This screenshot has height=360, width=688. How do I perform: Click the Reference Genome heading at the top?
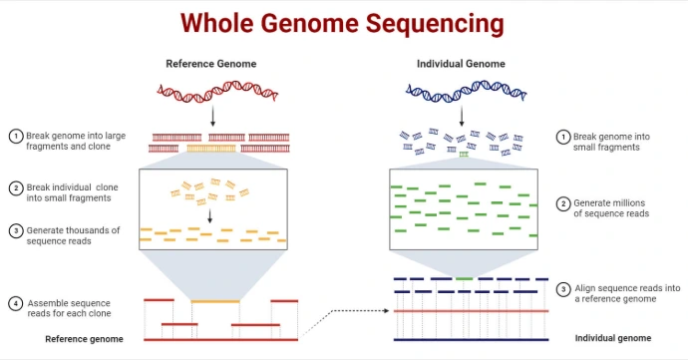tap(210, 64)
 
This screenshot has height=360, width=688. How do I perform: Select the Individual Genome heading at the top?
tap(461, 64)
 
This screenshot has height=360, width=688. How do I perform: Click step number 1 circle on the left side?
tap(16, 136)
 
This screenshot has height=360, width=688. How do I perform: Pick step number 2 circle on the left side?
tap(16, 187)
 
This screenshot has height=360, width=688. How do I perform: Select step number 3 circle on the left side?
tap(16, 230)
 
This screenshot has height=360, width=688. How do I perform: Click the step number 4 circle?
tap(16, 302)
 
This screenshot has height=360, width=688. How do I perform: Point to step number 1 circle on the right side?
tap(563, 136)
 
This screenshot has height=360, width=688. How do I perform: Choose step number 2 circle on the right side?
tap(563, 203)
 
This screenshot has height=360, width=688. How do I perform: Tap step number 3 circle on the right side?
tap(563, 287)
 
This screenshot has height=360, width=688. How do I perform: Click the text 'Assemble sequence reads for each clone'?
tap(69, 308)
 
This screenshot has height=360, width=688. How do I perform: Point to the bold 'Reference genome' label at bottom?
tap(85, 339)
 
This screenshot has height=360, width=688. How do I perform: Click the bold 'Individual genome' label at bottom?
tap(613, 338)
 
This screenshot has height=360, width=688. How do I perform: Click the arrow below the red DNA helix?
tap(211, 118)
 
